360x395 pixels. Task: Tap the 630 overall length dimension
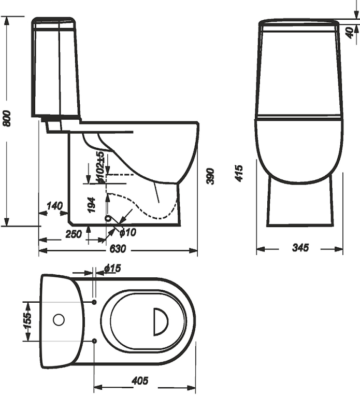118,249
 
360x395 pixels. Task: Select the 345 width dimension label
300,247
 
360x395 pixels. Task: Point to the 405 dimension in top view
140,380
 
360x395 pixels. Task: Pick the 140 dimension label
54,206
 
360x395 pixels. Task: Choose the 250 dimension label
74,234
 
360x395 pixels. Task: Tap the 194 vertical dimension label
91,205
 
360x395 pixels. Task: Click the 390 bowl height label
210,176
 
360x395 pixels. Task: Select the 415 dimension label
239,173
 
